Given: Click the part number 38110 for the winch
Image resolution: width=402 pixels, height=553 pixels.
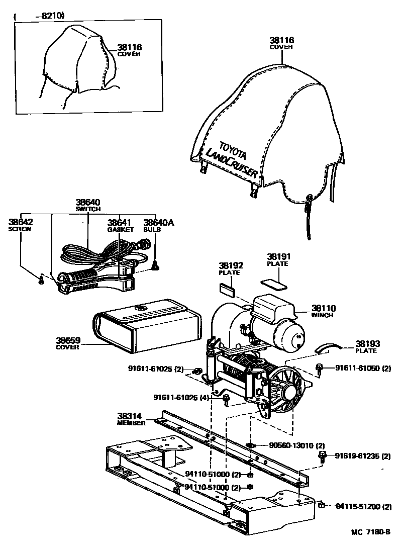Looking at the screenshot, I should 324,308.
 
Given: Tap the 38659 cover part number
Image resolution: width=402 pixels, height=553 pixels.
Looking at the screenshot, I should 68,340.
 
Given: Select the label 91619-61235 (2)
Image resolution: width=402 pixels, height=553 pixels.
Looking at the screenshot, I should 359,456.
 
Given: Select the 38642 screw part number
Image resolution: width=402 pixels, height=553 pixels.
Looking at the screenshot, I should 20,222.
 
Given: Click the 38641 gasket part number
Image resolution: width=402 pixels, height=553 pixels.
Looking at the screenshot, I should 120,222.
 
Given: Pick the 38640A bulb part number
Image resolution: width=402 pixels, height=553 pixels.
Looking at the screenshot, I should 158,222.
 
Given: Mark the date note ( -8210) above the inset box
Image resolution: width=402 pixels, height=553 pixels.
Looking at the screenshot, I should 40,16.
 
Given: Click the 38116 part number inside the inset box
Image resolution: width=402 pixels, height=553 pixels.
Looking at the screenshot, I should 130,47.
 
